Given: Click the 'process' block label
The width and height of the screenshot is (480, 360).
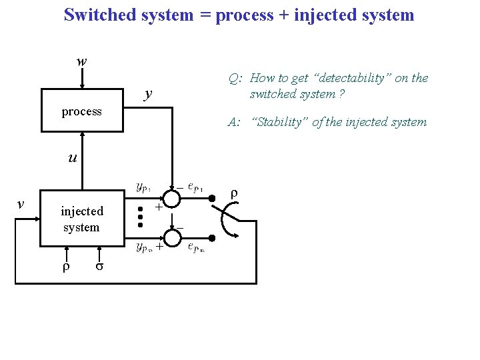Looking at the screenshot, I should [81, 111].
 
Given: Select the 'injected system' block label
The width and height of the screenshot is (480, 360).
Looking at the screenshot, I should [82, 219].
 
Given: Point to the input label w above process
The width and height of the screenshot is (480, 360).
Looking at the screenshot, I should [81, 61].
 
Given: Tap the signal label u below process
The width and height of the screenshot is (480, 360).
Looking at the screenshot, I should [71, 158].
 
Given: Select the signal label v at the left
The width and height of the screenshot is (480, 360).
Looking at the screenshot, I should [21, 204].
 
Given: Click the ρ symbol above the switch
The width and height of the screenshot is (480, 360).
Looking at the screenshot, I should [233, 193].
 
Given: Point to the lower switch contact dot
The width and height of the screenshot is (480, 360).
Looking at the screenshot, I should [212, 238].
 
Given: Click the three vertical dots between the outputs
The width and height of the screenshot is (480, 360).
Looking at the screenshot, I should [141, 217].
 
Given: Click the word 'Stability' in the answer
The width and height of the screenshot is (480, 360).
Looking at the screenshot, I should [275, 122].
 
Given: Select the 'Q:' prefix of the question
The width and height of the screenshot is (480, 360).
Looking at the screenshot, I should [235, 79].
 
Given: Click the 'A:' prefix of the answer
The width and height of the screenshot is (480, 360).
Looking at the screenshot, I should [234, 122].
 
